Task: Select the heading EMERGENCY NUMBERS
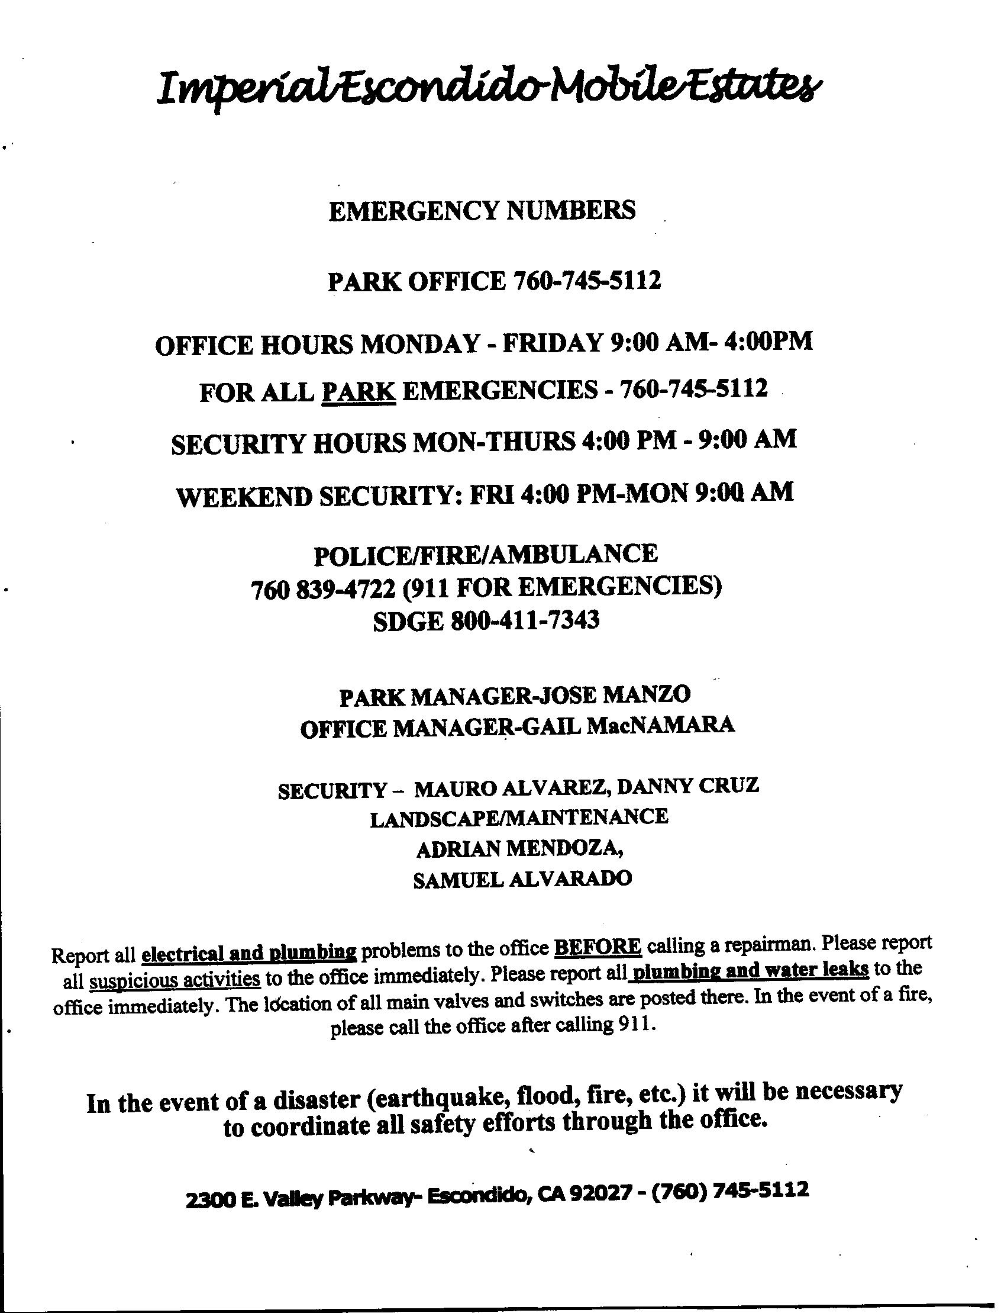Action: (x=482, y=211)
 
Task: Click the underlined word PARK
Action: (x=359, y=392)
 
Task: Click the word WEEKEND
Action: (x=243, y=497)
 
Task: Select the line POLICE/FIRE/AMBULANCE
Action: (x=486, y=555)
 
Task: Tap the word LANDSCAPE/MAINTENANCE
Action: (x=519, y=817)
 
